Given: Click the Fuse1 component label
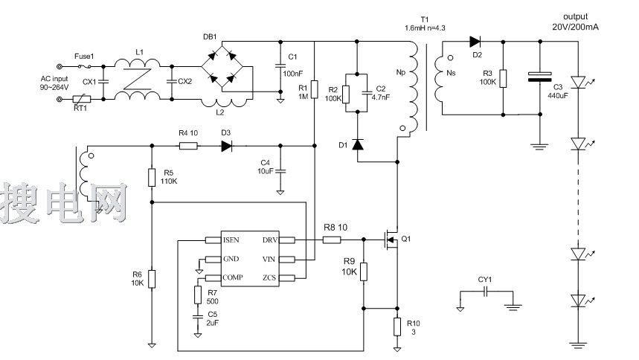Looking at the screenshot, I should pyautogui.click(x=86, y=56).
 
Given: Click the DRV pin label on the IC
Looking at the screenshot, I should pyautogui.click(x=270, y=240).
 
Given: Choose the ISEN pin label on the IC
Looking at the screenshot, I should pyautogui.click(x=232, y=240).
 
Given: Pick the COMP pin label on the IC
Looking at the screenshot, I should pyautogui.click(x=234, y=277).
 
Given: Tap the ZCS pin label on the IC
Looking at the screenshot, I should pyautogui.click(x=270, y=277).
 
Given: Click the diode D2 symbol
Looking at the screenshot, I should pyautogui.click(x=475, y=42).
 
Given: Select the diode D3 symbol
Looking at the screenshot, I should pyautogui.click(x=227, y=145).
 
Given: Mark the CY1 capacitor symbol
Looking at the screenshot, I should pyautogui.click(x=485, y=292).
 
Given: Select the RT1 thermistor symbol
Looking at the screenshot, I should pyautogui.click(x=83, y=99).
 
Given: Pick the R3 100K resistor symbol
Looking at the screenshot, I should pyautogui.click(x=504, y=78).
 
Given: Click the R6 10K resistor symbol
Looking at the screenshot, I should pyautogui.click(x=152, y=279).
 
